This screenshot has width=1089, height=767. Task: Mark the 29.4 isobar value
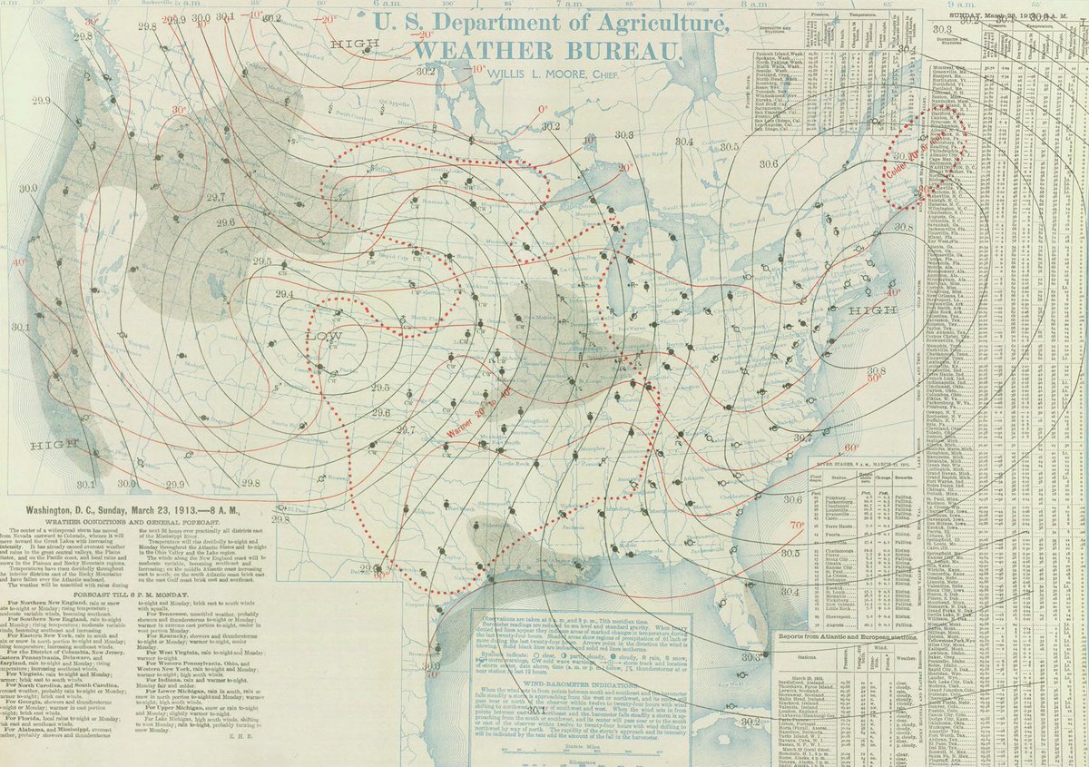pos(284,294)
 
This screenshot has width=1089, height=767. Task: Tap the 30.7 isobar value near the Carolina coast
pos(801,438)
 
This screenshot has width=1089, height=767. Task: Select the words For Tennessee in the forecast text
pos(157,636)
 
